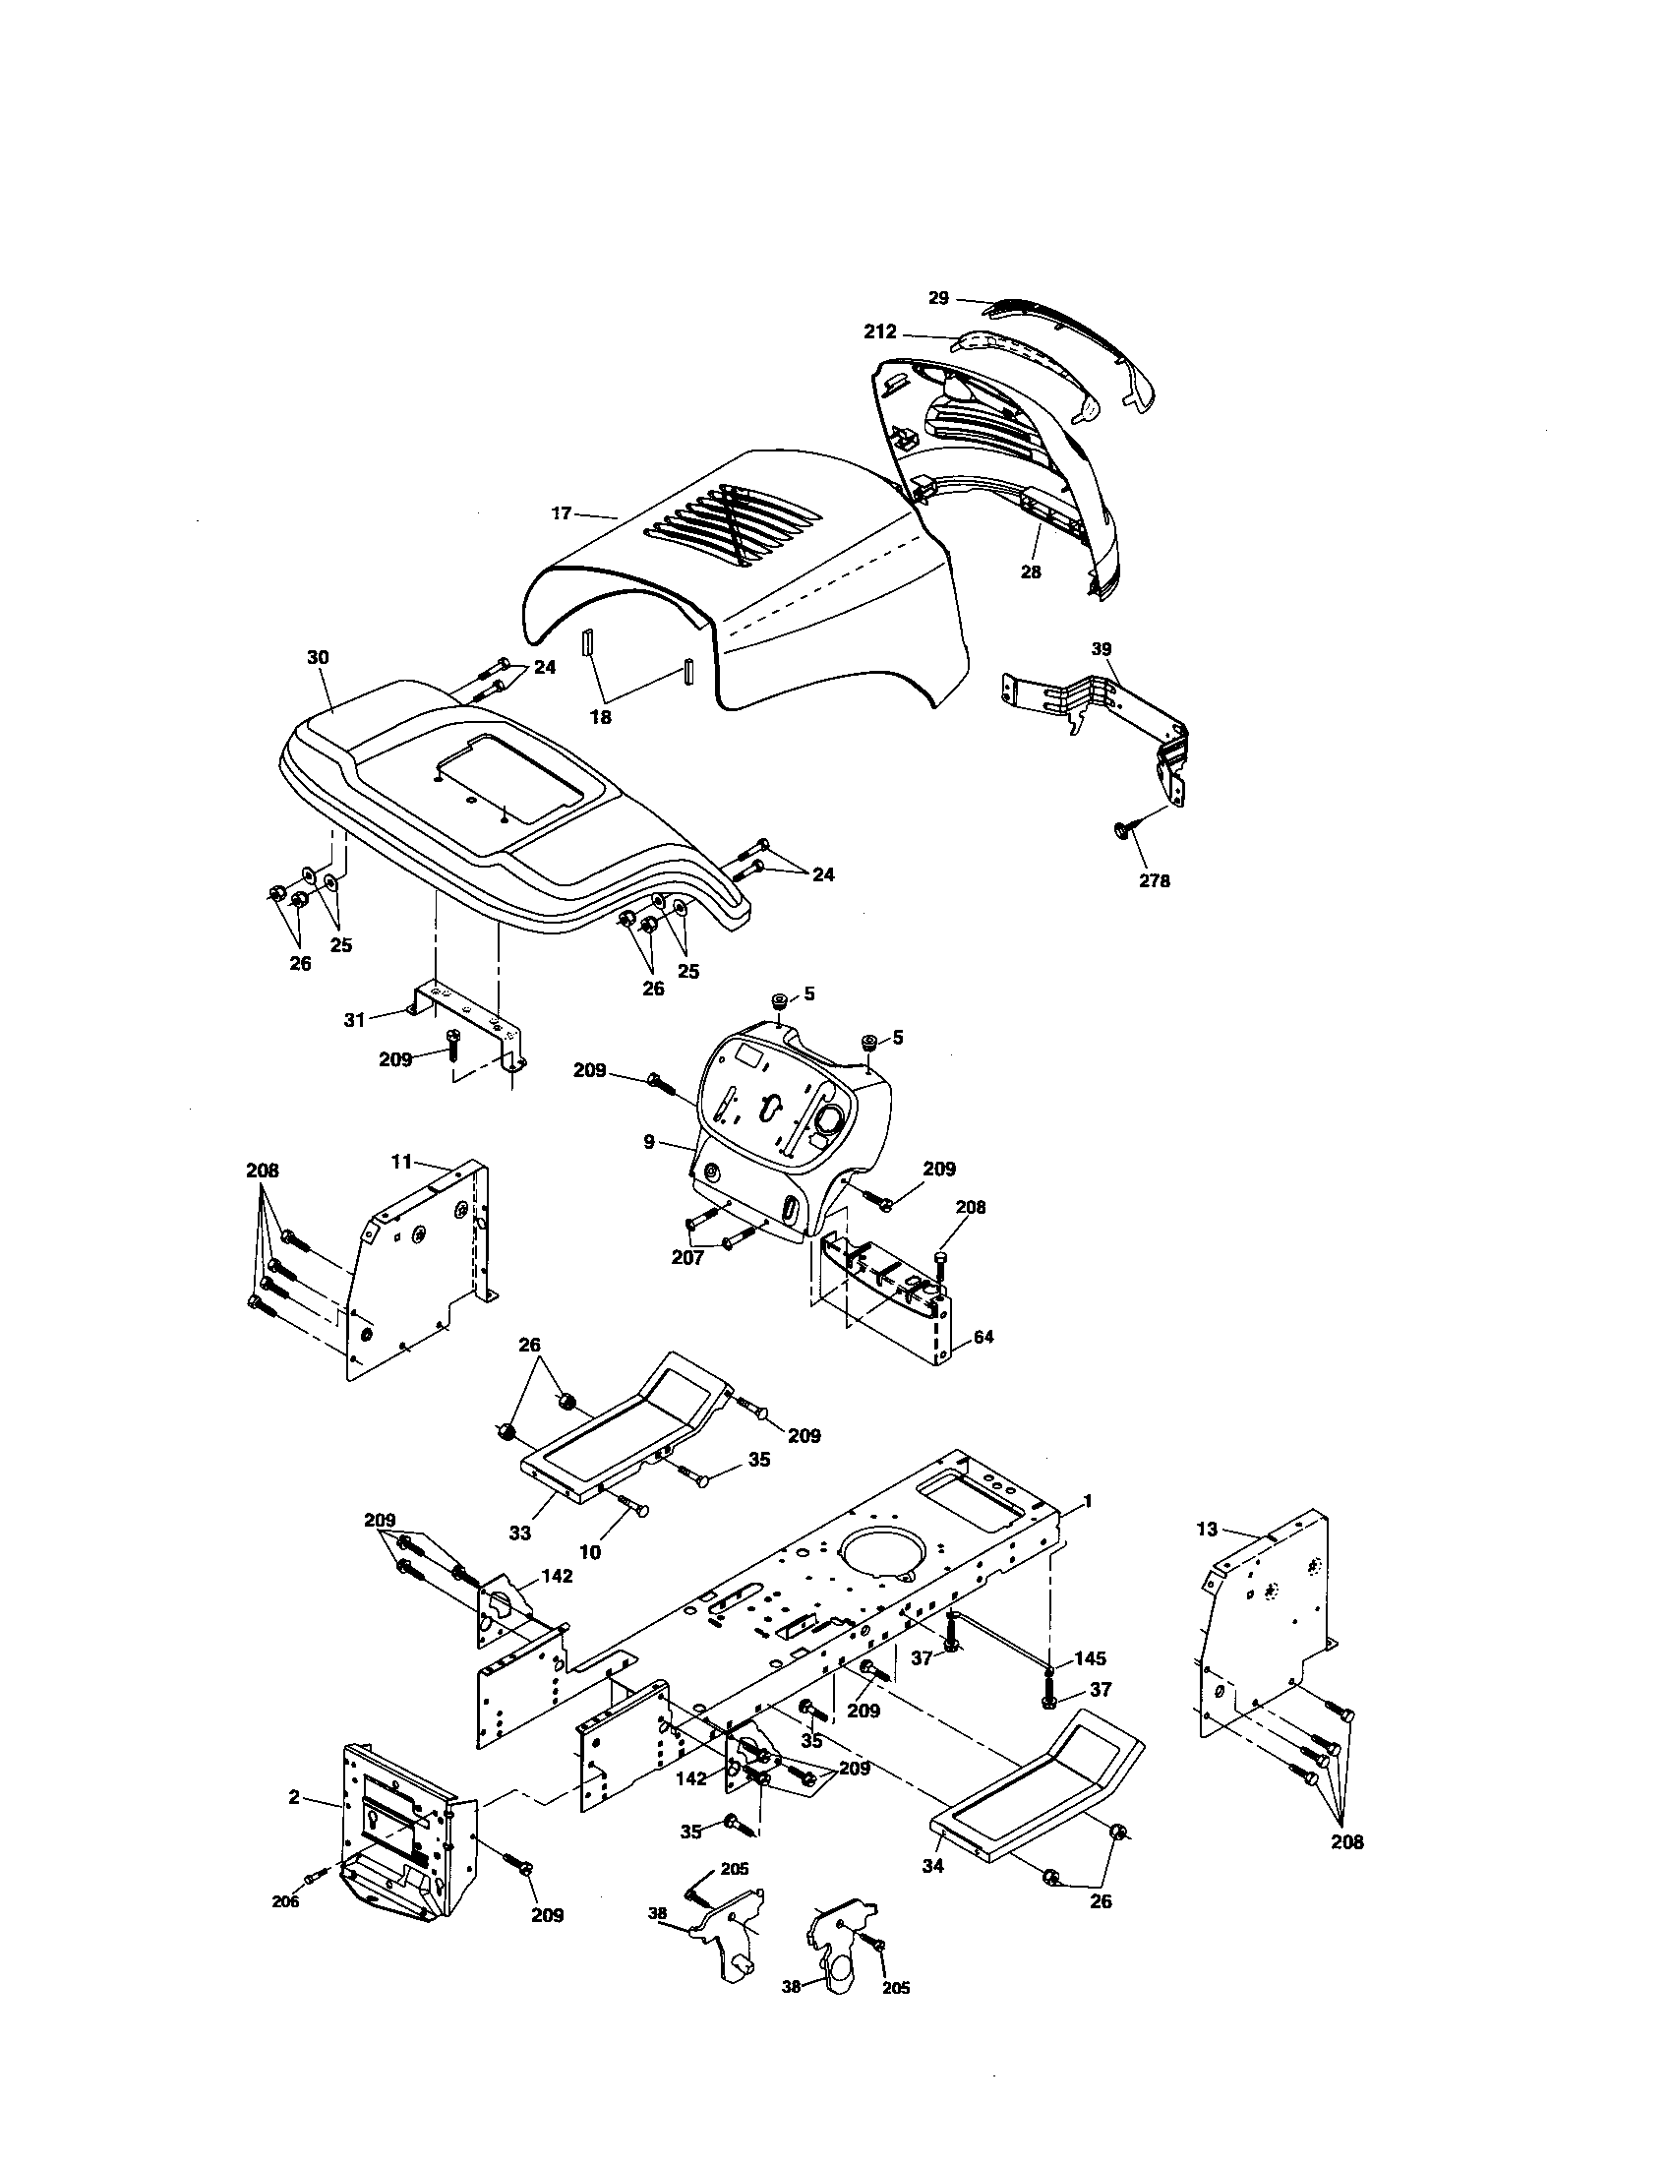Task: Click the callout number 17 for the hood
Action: pyautogui.click(x=562, y=513)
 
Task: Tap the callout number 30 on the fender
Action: pyautogui.click(x=318, y=658)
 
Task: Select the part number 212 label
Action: pyautogui.click(x=879, y=331)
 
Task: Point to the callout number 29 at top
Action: pyautogui.click(x=938, y=297)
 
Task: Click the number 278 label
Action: pyautogui.click(x=1154, y=880)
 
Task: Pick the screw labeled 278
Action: pyautogui.click(x=1121, y=828)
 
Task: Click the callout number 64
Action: pyautogui.click(x=983, y=1337)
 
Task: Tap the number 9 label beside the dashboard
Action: pyautogui.click(x=649, y=1142)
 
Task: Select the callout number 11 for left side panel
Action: pyautogui.click(x=400, y=1162)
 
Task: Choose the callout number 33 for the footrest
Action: pyautogui.click(x=520, y=1533)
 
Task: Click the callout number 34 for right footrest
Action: pyautogui.click(x=933, y=1866)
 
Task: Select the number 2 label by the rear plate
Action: pyautogui.click(x=294, y=1797)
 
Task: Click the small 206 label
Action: pyautogui.click(x=285, y=1901)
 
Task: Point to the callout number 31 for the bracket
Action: pyautogui.click(x=355, y=1019)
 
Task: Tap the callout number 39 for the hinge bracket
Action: pyautogui.click(x=1102, y=649)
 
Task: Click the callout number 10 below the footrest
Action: pyautogui.click(x=590, y=1551)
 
